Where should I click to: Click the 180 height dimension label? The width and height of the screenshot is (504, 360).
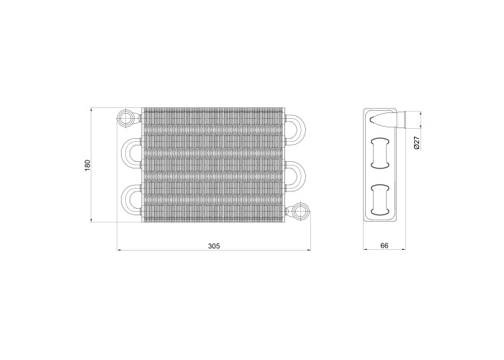pyautogui.click(x=88, y=165)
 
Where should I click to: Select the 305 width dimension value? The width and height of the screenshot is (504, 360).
pyautogui.click(x=214, y=246)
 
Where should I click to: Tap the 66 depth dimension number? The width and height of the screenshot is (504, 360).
pyautogui.click(x=384, y=246)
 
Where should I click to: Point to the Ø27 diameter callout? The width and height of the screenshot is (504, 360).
pyautogui.click(x=417, y=143)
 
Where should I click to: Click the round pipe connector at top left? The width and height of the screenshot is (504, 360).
pyautogui.click(x=125, y=119)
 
